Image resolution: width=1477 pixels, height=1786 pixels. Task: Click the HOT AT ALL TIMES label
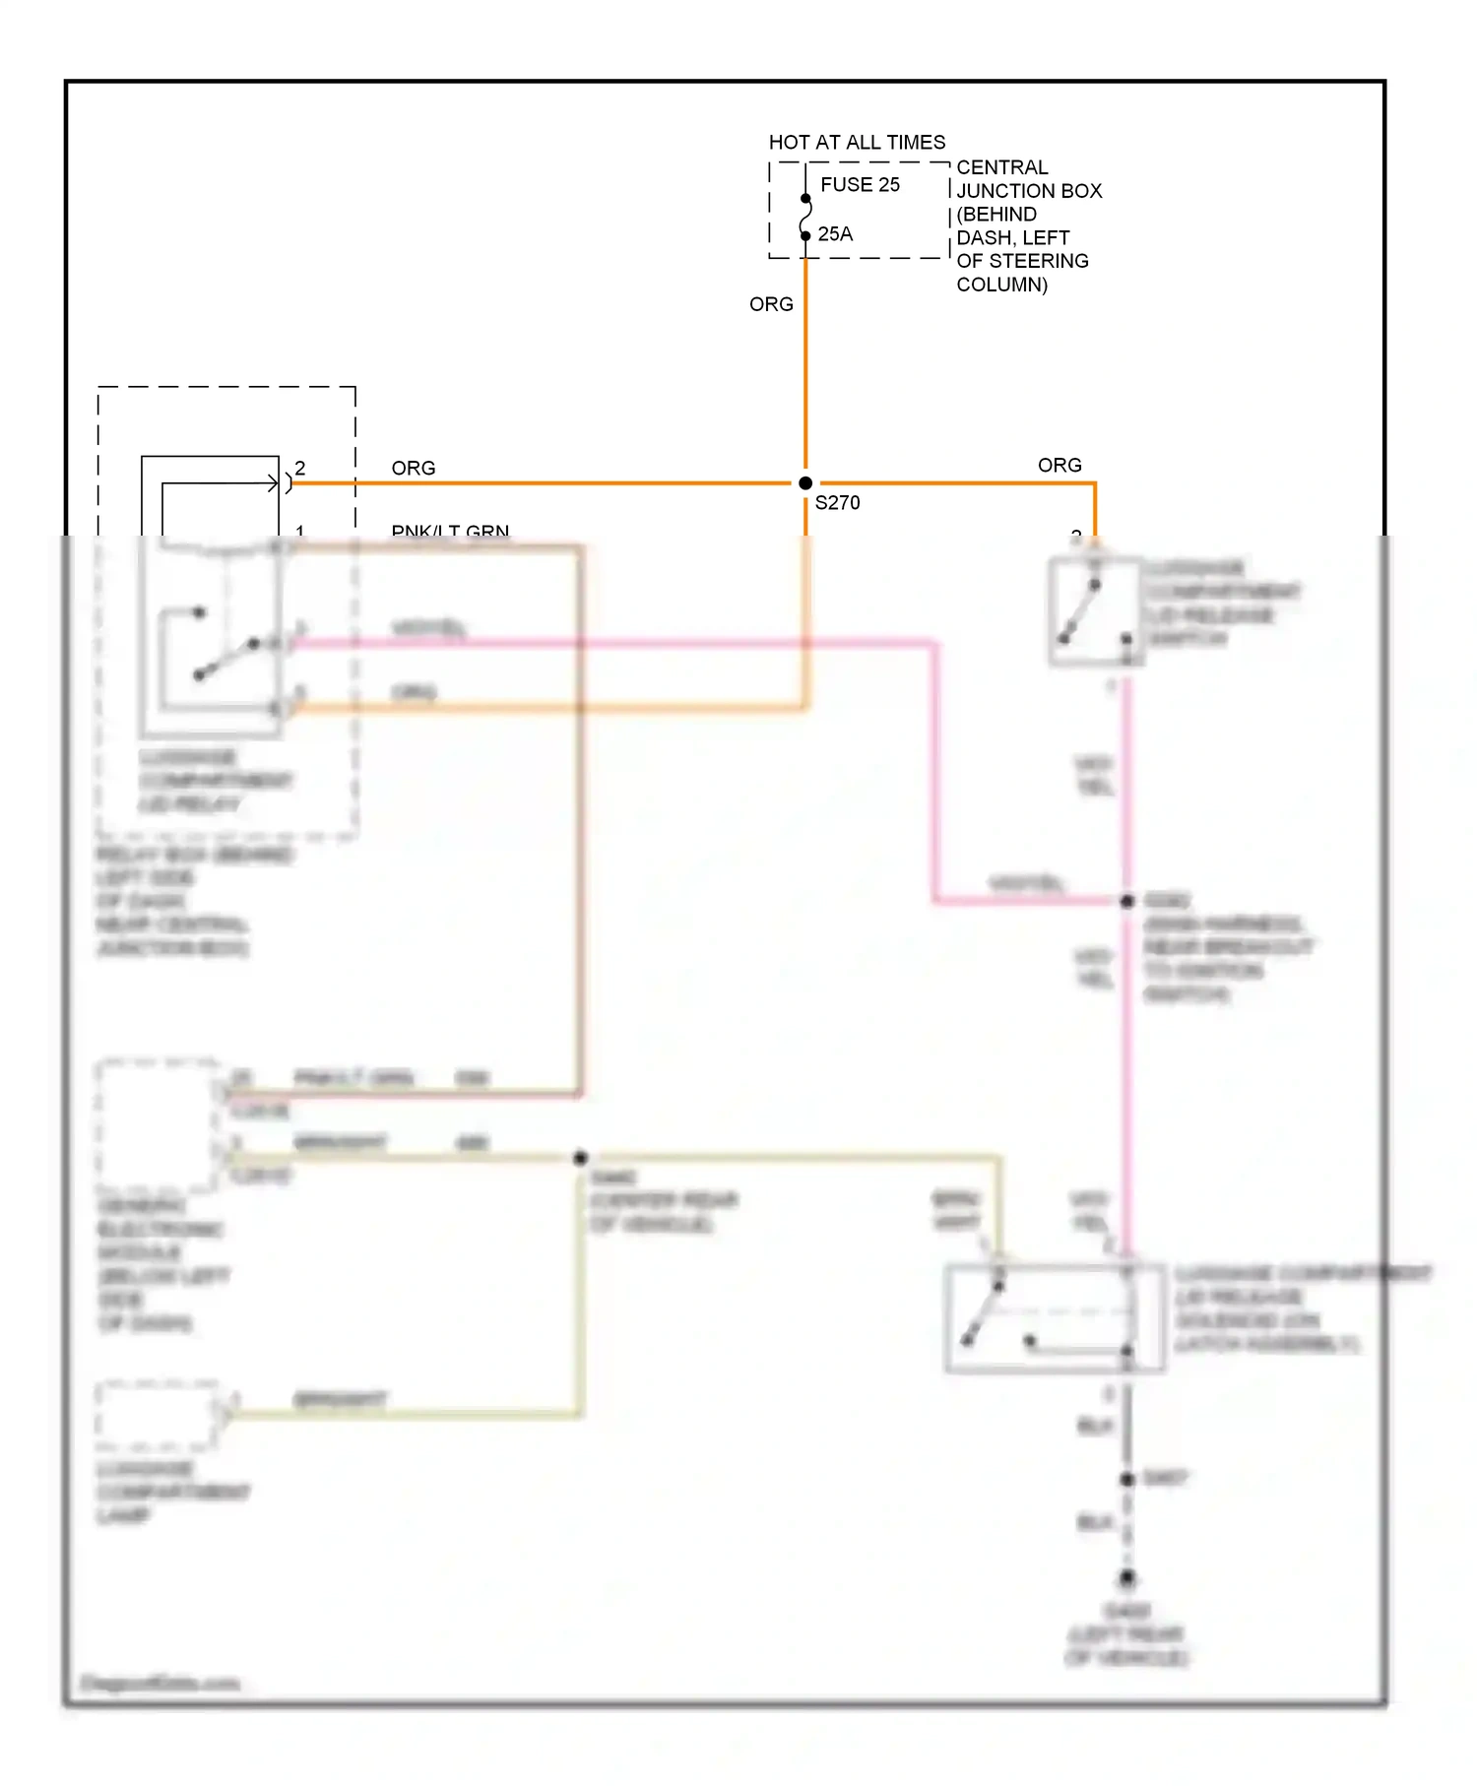point(856,143)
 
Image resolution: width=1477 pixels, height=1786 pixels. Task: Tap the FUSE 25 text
point(860,185)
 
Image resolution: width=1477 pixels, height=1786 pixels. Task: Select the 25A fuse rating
point(835,234)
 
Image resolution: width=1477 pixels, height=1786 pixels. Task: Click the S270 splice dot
point(805,483)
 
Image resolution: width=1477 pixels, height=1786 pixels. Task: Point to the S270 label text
point(837,503)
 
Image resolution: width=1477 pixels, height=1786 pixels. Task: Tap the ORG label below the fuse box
point(771,304)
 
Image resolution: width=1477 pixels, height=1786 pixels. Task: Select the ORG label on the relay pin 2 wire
point(413,469)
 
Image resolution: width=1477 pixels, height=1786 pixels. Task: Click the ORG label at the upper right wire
point(1060,466)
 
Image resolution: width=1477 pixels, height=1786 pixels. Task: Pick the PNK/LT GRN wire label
point(450,532)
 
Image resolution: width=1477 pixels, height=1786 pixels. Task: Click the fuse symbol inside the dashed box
point(805,218)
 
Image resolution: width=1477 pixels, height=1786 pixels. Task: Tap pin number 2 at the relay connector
point(300,469)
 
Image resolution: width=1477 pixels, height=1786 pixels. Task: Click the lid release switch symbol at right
point(1094,611)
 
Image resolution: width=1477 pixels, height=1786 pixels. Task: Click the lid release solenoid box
point(1055,1317)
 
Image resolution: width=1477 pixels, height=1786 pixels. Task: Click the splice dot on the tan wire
point(581,1158)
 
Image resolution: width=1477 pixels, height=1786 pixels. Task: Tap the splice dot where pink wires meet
point(1127,901)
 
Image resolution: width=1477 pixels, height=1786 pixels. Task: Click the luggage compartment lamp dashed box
point(158,1415)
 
